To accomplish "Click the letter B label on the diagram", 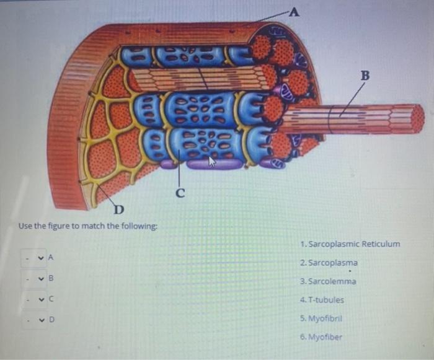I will tap(365, 76).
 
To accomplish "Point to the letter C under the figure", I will tap(180, 192).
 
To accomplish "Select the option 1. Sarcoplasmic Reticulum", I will tap(349, 244).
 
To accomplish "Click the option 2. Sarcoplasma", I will tap(328, 262).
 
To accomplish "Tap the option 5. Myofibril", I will tap(321, 318).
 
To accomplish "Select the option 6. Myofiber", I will tap(321, 337).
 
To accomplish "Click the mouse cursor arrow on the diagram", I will tap(211, 162).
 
